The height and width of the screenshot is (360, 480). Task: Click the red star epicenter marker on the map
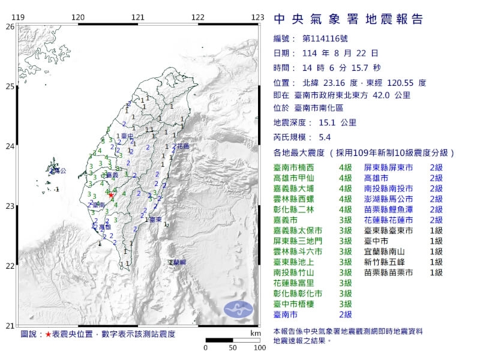coord(111,195)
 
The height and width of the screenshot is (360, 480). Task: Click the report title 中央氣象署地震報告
coord(349,19)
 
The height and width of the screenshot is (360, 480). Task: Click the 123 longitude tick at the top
coord(257,17)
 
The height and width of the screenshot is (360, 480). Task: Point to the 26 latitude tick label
coord(10,27)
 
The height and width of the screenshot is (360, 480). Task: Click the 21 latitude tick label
coord(10,325)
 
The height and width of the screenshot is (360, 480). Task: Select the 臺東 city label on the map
coord(154,220)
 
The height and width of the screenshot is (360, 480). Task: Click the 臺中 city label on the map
coord(126,136)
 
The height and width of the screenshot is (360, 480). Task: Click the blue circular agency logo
coord(238,309)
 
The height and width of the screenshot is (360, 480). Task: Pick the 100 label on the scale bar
coord(259,347)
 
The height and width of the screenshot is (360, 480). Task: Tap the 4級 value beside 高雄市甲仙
coord(345,178)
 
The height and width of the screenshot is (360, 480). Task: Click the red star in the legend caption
coord(49,334)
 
